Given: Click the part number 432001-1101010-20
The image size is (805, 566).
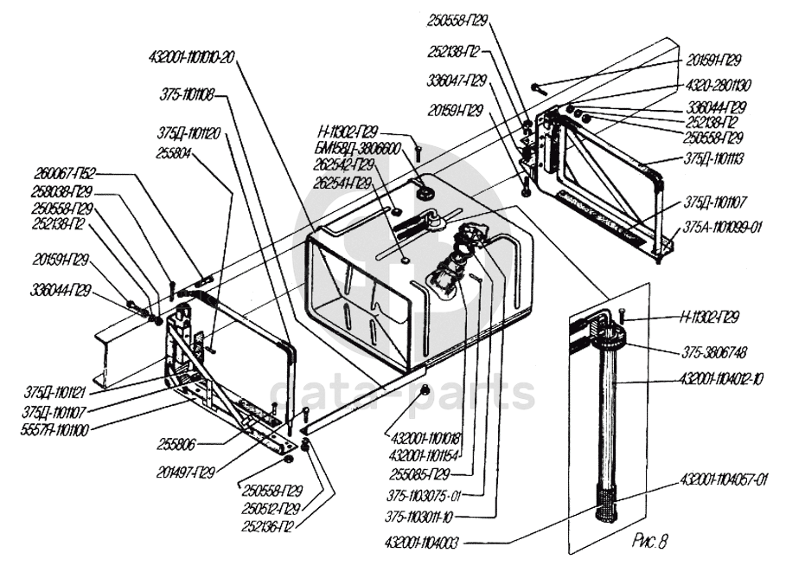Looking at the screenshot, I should [191, 57].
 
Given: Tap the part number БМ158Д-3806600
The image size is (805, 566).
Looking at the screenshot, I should [358, 148].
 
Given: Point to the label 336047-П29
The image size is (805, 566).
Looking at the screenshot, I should [457, 80].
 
